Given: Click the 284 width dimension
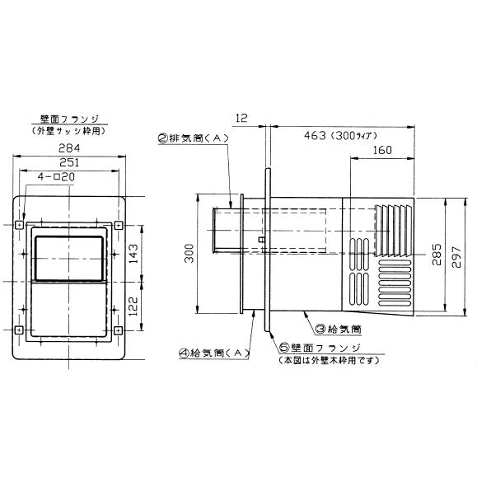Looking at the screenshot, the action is click(x=69, y=148).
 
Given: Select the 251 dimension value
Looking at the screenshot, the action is click(x=69, y=162).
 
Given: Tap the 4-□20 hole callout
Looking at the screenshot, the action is click(x=56, y=177).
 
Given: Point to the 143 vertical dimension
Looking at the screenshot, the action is click(x=133, y=254).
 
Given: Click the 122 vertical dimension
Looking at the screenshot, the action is click(x=133, y=306).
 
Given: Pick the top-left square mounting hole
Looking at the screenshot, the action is click(x=19, y=225).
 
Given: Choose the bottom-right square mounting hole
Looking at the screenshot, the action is click(x=119, y=330).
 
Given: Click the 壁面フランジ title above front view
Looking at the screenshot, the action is click(x=70, y=119).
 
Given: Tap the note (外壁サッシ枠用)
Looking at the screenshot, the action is click(x=69, y=131).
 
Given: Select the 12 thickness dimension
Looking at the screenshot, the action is click(x=241, y=118).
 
